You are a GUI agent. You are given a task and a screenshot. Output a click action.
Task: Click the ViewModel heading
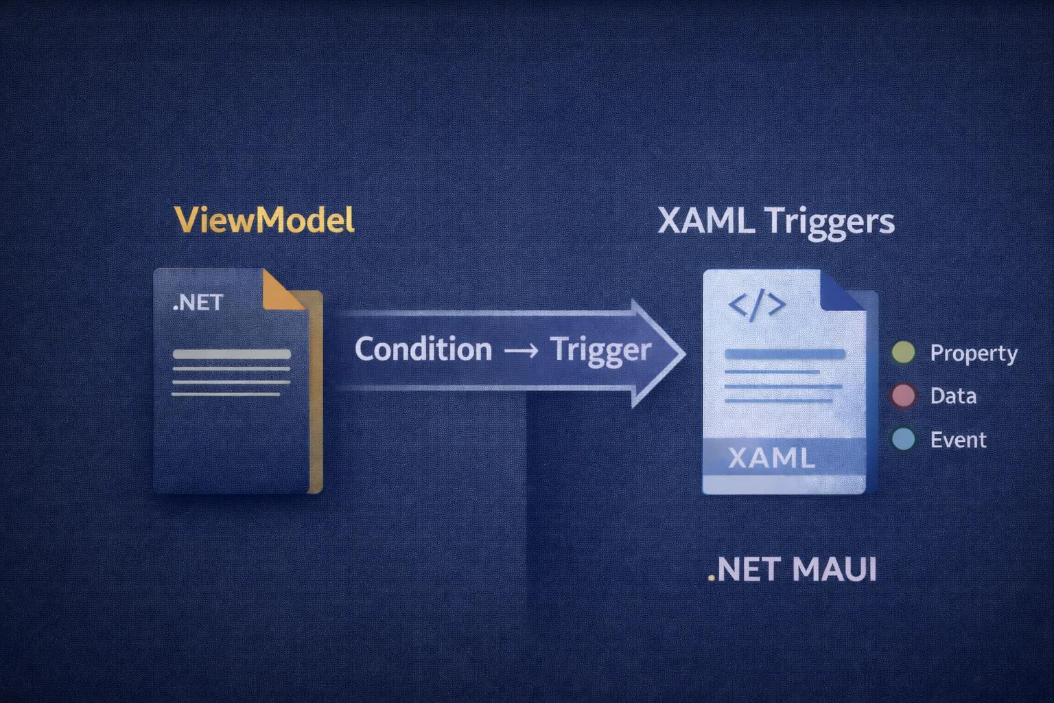264,220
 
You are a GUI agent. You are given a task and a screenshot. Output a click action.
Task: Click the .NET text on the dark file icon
198,302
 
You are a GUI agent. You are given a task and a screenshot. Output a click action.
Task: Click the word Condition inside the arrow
423,349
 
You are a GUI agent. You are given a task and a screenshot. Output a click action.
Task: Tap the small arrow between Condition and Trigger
521,350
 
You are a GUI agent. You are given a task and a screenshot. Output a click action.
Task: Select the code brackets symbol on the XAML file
756,306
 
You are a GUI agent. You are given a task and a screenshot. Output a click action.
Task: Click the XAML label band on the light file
771,457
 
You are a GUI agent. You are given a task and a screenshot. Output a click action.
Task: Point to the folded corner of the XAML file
841,291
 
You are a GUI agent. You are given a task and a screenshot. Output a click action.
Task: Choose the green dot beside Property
903,353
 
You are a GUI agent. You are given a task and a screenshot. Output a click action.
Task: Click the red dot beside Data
903,396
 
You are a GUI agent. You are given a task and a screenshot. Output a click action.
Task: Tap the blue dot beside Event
903,439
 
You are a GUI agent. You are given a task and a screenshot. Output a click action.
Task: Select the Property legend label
973,354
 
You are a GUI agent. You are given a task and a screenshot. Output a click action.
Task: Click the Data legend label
953,396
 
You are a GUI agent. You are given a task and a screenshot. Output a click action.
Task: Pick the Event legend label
958,439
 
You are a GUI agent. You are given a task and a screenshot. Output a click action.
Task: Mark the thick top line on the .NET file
231,355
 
